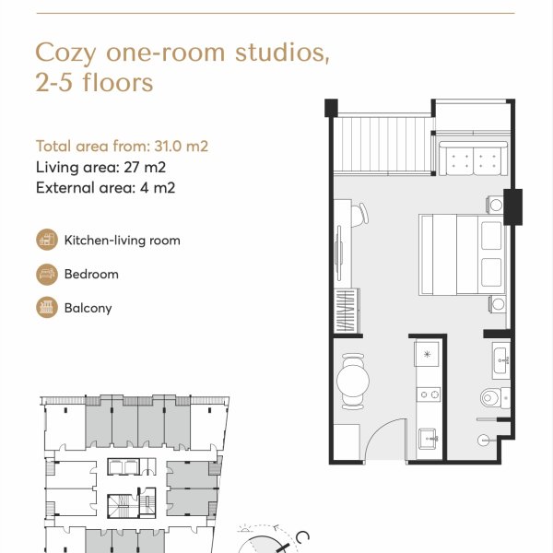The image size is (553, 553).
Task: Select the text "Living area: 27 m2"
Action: tap(100, 167)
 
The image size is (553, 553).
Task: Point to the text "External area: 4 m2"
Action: tap(105, 188)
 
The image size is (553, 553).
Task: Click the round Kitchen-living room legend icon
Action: tap(47, 241)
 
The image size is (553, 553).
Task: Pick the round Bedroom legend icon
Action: tap(47, 274)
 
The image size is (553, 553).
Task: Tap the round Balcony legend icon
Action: tap(47, 308)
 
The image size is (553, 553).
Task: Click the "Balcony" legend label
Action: tap(88, 308)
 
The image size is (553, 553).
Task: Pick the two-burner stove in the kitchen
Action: tap(429, 394)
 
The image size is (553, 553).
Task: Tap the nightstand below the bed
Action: tap(497, 304)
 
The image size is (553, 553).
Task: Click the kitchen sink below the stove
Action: tap(428, 438)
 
